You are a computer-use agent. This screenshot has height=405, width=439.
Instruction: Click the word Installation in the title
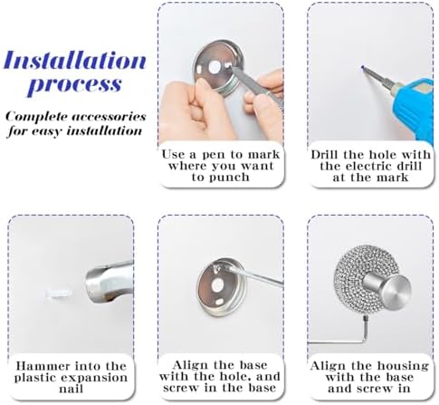75,62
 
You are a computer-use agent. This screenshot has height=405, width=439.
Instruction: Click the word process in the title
74,86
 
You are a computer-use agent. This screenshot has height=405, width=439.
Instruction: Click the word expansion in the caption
86,378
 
